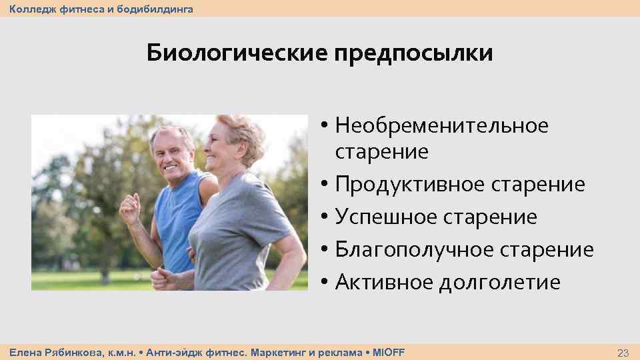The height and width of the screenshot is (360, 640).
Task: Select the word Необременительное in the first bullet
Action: [x=442, y=125]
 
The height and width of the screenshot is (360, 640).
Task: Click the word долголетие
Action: [x=500, y=283]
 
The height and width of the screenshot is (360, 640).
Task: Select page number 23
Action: [x=623, y=352]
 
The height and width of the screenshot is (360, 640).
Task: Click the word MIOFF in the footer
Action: [x=388, y=351]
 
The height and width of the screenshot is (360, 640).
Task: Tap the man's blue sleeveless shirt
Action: [x=175, y=220]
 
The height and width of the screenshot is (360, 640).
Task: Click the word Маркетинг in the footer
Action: [x=275, y=351]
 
